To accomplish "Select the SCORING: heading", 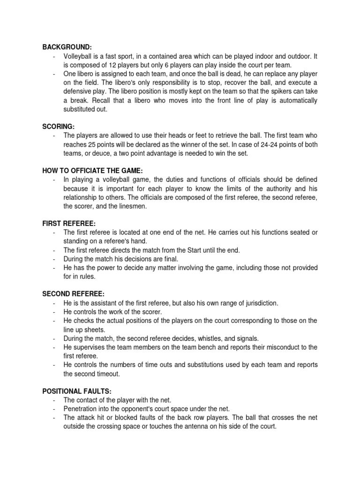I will click(x=58, y=127).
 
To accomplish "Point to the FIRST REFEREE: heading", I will click(x=69, y=224).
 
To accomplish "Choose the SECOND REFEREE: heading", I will click(x=73, y=294).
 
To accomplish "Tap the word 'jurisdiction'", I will click(x=259, y=303).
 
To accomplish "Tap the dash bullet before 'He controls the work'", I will click(x=55, y=312).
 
